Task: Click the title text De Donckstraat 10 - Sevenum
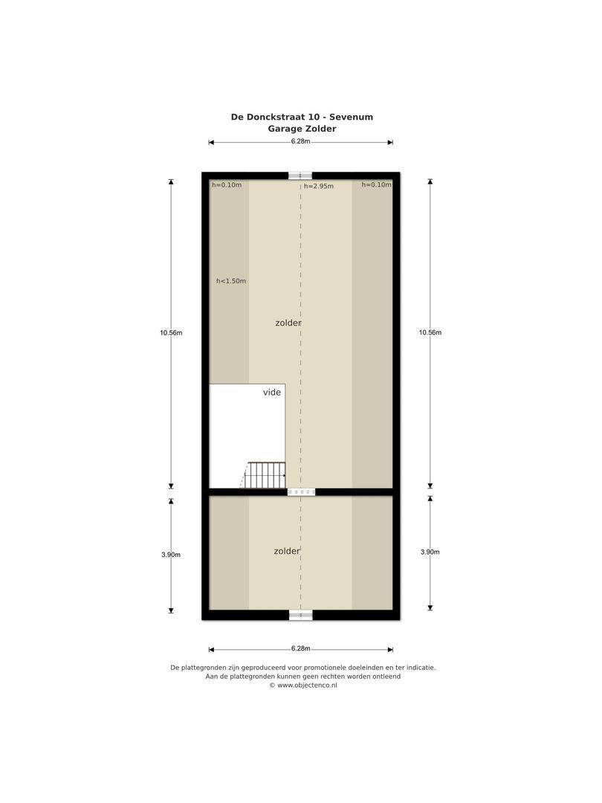[x=302, y=117]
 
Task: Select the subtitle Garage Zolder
[x=302, y=129]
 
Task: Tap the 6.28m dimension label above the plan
[x=300, y=141]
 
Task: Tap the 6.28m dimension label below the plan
[x=300, y=648]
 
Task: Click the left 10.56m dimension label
[x=170, y=332]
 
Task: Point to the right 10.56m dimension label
[x=430, y=332]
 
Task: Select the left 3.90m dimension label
[x=170, y=555]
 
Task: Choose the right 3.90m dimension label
[x=430, y=552]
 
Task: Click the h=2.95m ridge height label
[x=319, y=187]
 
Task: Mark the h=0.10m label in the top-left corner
[x=227, y=185]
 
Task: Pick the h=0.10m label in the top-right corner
[x=376, y=185]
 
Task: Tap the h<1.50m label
[x=231, y=281]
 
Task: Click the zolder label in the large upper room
[x=288, y=323]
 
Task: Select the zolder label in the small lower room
[x=286, y=551]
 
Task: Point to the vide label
[x=272, y=392]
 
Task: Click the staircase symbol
[x=265, y=475]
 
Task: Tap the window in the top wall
[x=300, y=175]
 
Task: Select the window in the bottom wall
[x=300, y=615]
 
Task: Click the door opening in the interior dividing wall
[x=301, y=491]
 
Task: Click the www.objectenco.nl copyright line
[x=303, y=686]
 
